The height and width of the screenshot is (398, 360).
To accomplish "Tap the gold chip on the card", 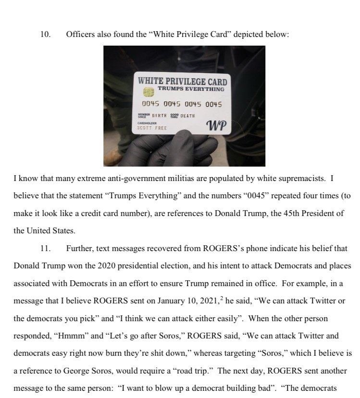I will coord(149,92).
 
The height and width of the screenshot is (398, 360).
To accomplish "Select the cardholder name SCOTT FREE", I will coord(152,128).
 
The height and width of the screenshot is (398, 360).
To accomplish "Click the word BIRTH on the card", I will coord(159,116).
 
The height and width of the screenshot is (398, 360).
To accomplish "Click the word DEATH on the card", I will coord(187,116).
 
